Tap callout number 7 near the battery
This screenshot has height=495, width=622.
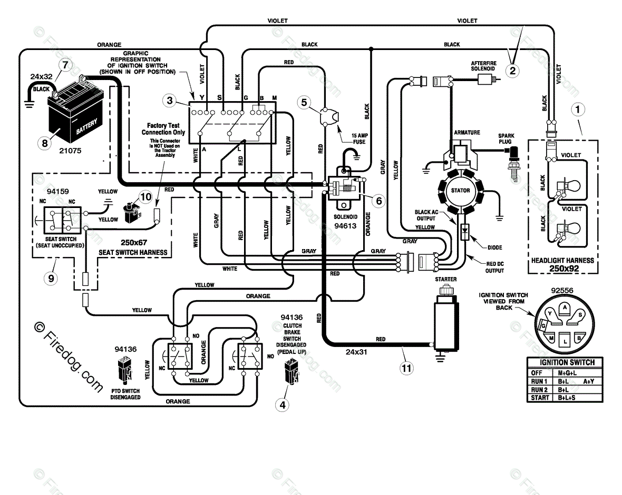(x=64, y=65)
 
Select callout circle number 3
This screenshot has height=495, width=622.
(x=169, y=100)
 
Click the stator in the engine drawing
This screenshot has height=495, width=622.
(x=460, y=191)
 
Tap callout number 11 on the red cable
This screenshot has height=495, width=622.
(x=406, y=368)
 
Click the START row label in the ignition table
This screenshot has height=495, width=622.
(x=540, y=398)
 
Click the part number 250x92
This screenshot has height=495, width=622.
(x=562, y=268)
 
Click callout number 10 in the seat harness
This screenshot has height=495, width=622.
(x=145, y=197)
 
